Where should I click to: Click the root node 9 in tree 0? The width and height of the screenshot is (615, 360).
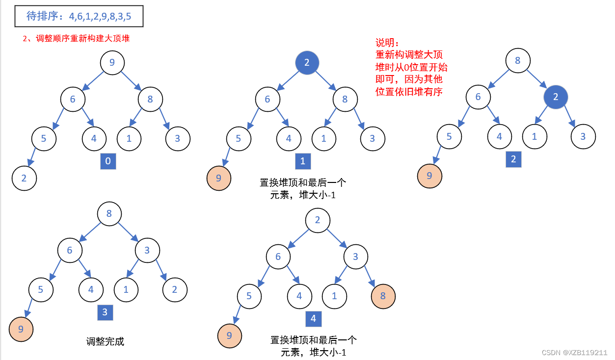point(112,63)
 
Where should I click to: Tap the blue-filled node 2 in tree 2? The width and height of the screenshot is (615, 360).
point(556,97)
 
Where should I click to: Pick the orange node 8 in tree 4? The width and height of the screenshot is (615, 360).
point(383,296)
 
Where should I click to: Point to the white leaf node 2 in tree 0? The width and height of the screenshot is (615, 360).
point(24,178)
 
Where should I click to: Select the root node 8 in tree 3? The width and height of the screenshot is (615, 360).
point(109,214)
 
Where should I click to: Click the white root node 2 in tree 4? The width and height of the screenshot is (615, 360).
point(318,220)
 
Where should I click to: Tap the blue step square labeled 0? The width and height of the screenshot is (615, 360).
point(108,161)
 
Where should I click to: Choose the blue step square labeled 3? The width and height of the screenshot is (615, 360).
point(105,312)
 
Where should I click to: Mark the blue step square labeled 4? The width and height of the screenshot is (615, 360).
point(313,319)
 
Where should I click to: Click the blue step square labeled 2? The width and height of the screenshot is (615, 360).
point(513,159)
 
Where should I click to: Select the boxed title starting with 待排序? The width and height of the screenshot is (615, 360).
point(79,17)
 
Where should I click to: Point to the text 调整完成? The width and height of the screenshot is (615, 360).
point(105,341)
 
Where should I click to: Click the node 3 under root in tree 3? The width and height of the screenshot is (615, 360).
point(147,251)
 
